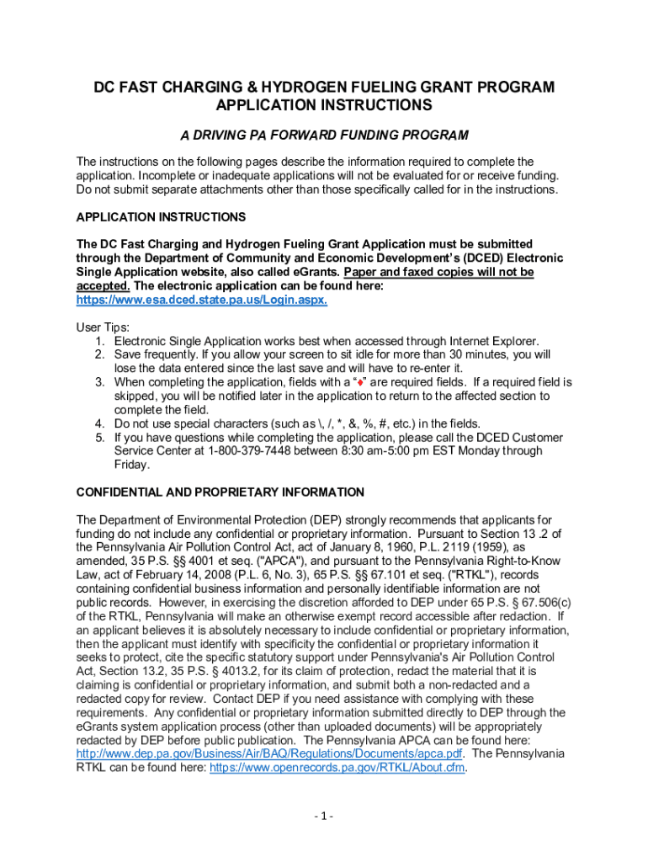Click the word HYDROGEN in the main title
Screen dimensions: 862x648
(315, 88)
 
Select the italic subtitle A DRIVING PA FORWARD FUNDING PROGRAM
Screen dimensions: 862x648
(324, 135)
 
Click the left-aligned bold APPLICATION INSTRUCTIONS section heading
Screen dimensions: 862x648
(161, 217)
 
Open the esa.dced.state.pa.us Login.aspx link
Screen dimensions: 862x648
(201, 300)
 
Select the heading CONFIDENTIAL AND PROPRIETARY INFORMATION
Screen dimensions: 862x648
(220, 492)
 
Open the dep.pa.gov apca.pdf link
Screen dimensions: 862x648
(269, 753)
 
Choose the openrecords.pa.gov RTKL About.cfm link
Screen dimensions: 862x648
(337, 768)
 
